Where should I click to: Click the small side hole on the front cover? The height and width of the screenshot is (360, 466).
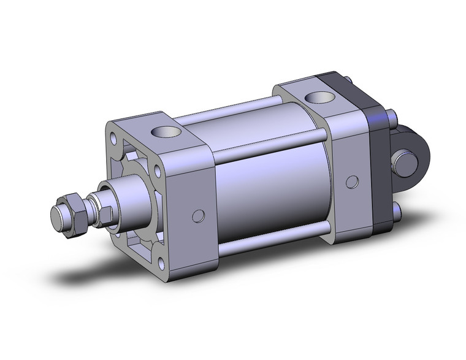tap(198, 215)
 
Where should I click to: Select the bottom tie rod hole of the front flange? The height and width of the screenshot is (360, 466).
tap(162, 264)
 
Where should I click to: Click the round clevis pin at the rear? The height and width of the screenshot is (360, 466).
tap(405, 163)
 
